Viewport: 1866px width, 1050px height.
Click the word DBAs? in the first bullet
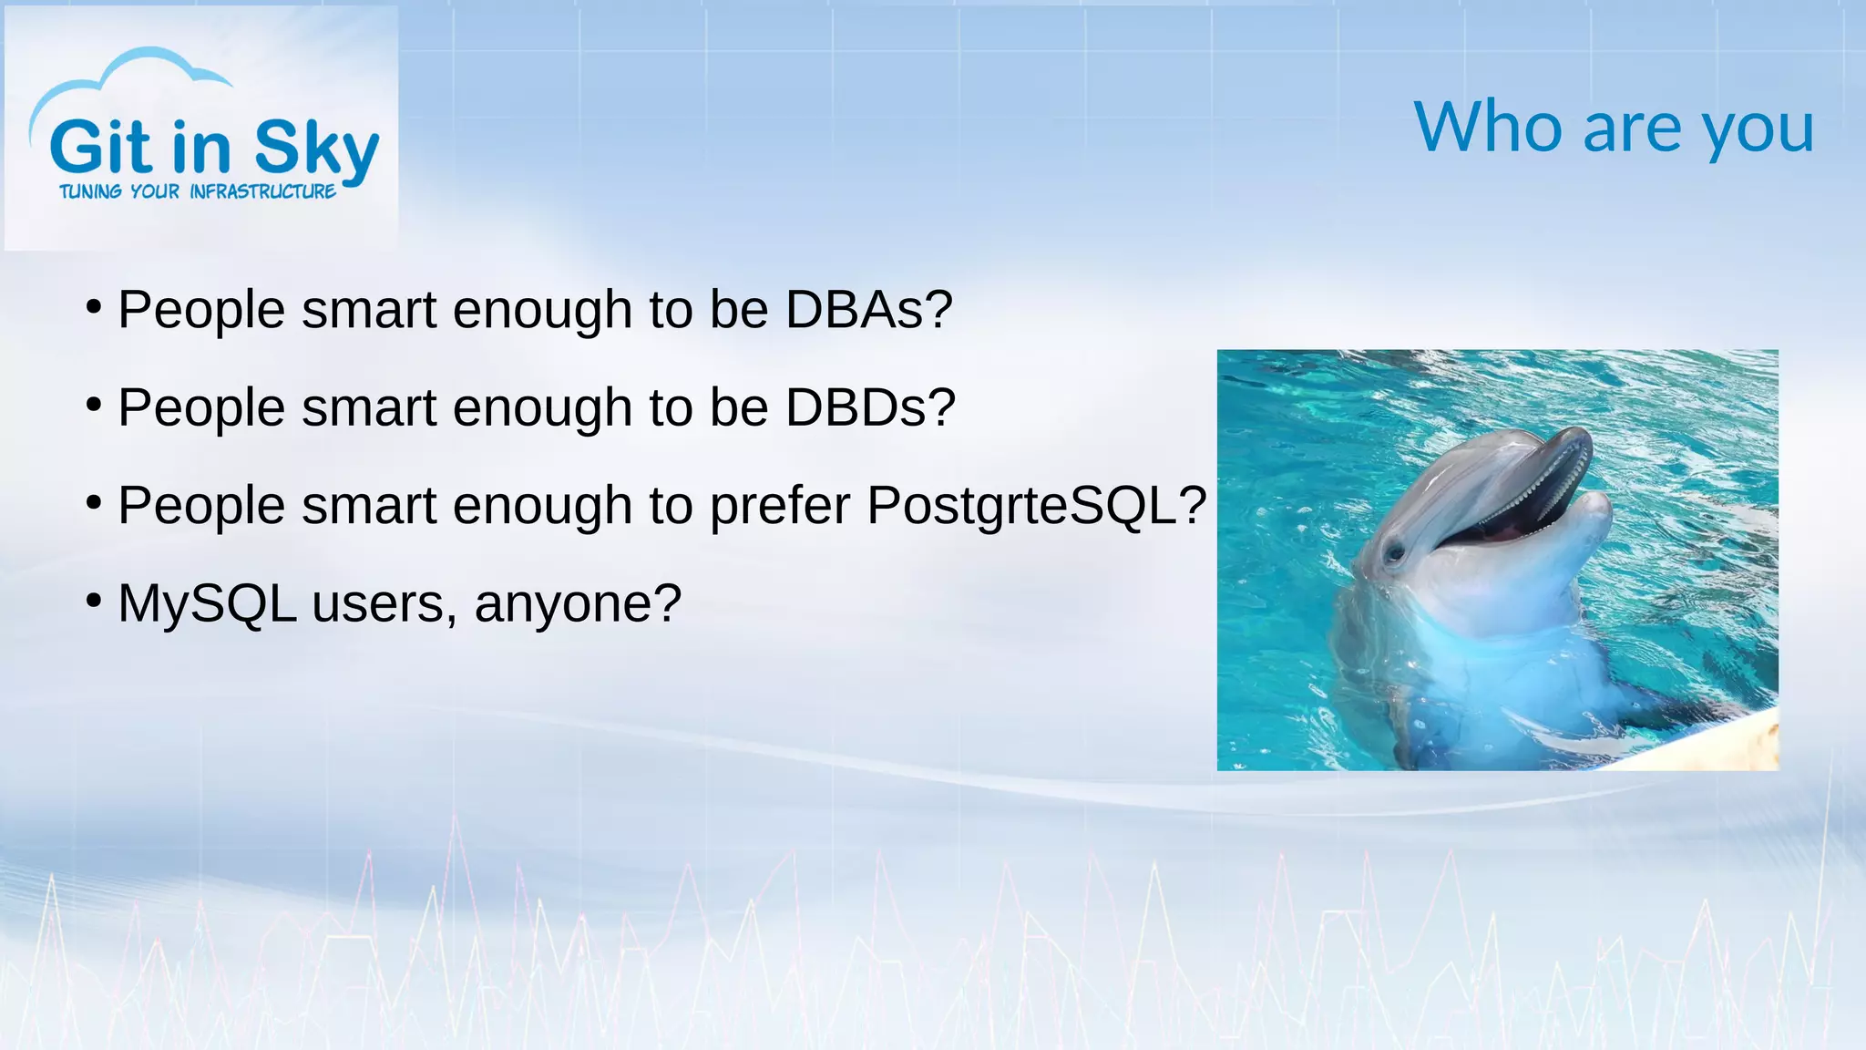point(868,310)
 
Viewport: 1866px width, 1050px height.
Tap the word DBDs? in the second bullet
point(870,407)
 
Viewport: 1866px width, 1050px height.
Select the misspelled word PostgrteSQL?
point(1036,505)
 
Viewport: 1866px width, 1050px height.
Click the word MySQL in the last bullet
point(207,603)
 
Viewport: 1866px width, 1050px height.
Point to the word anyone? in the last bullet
point(578,603)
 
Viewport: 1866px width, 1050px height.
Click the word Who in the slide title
point(1487,128)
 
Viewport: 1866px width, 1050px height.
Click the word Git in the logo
point(100,148)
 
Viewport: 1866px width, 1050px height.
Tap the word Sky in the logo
point(315,149)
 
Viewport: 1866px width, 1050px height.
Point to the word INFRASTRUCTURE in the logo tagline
point(262,192)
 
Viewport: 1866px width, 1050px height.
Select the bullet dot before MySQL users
point(93,601)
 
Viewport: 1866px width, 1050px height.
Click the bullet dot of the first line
point(93,307)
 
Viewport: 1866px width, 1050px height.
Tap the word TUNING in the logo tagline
point(90,192)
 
